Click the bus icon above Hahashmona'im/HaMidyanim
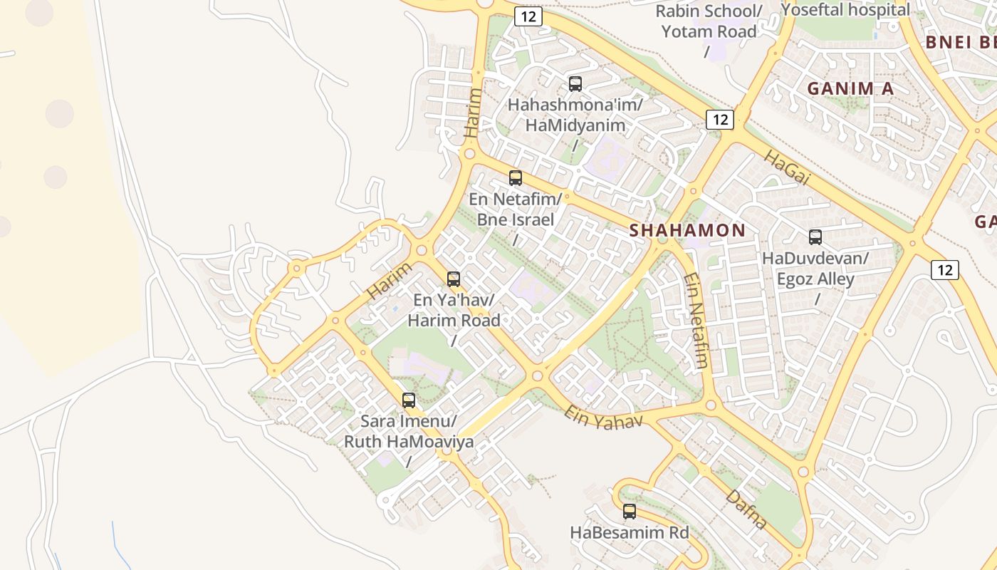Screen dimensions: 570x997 coord(575,84)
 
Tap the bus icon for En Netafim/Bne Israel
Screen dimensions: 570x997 coord(516,178)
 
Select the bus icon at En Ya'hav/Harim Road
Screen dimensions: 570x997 coord(454,279)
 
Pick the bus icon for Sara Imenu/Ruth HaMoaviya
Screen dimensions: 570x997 coord(409,400)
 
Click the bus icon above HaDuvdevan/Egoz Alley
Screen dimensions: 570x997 coord(815,237)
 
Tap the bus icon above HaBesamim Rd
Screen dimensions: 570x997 coord(630,512)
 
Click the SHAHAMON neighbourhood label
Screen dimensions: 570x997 coord(687,230)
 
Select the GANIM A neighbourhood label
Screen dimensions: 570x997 coord(850,88)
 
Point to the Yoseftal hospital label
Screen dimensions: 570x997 coord(845,10)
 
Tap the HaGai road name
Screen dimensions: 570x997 coord(788,169)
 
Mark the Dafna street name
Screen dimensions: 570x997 coord(746,509)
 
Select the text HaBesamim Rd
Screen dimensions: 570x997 coord(630,532)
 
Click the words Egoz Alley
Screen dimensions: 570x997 coord(815,279)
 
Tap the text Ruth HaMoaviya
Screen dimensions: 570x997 coord(409,441)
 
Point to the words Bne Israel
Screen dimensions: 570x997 coord(515,219)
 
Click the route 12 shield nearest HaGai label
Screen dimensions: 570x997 coord(720,120)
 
